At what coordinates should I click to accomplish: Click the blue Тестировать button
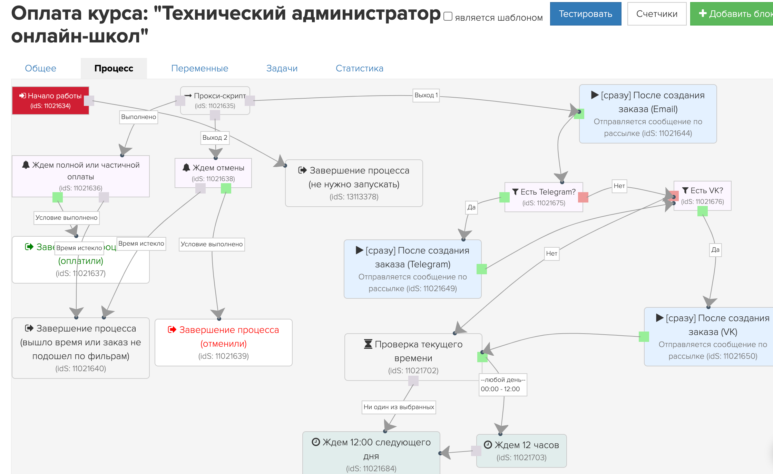click(x=585, y=14)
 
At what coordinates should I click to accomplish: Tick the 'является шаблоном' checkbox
click(x=448, y=17)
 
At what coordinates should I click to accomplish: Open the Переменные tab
click(x=199, y=68)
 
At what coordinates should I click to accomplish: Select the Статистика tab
click(x=359, y=68)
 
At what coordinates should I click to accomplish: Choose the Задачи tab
click(x=282, y=68)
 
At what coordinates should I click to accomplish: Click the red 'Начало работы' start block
click(x=50, y=100)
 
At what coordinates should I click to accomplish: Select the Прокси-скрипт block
click(x=215, y=100)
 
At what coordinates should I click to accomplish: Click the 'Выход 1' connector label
click(x=426, y=95)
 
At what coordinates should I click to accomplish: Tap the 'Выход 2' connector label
click(x=215, y=138)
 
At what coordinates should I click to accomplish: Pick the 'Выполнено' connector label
click(x=138, y=117)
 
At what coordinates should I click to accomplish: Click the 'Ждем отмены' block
click(x=213, y=172)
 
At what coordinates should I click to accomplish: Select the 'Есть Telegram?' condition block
click(x=544, y=197)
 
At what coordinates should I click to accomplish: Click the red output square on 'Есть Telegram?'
click(x=583, y=197)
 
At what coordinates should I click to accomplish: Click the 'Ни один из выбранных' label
click(x=399, y=407)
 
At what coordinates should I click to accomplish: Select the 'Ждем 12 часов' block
click(x=521, y=451)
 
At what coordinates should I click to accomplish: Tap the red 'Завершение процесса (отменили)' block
click(x=224, y=342)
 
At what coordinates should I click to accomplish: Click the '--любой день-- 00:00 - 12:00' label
click(x=503, y=384)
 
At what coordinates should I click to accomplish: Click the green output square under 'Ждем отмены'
click(x=226, y=188)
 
